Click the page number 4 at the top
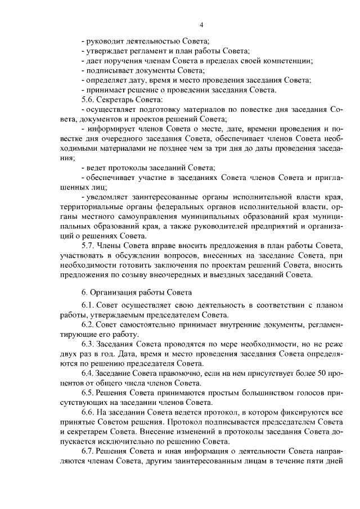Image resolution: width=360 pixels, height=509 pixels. coord(201,25)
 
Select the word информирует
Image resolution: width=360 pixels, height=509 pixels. coord(111,129)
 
